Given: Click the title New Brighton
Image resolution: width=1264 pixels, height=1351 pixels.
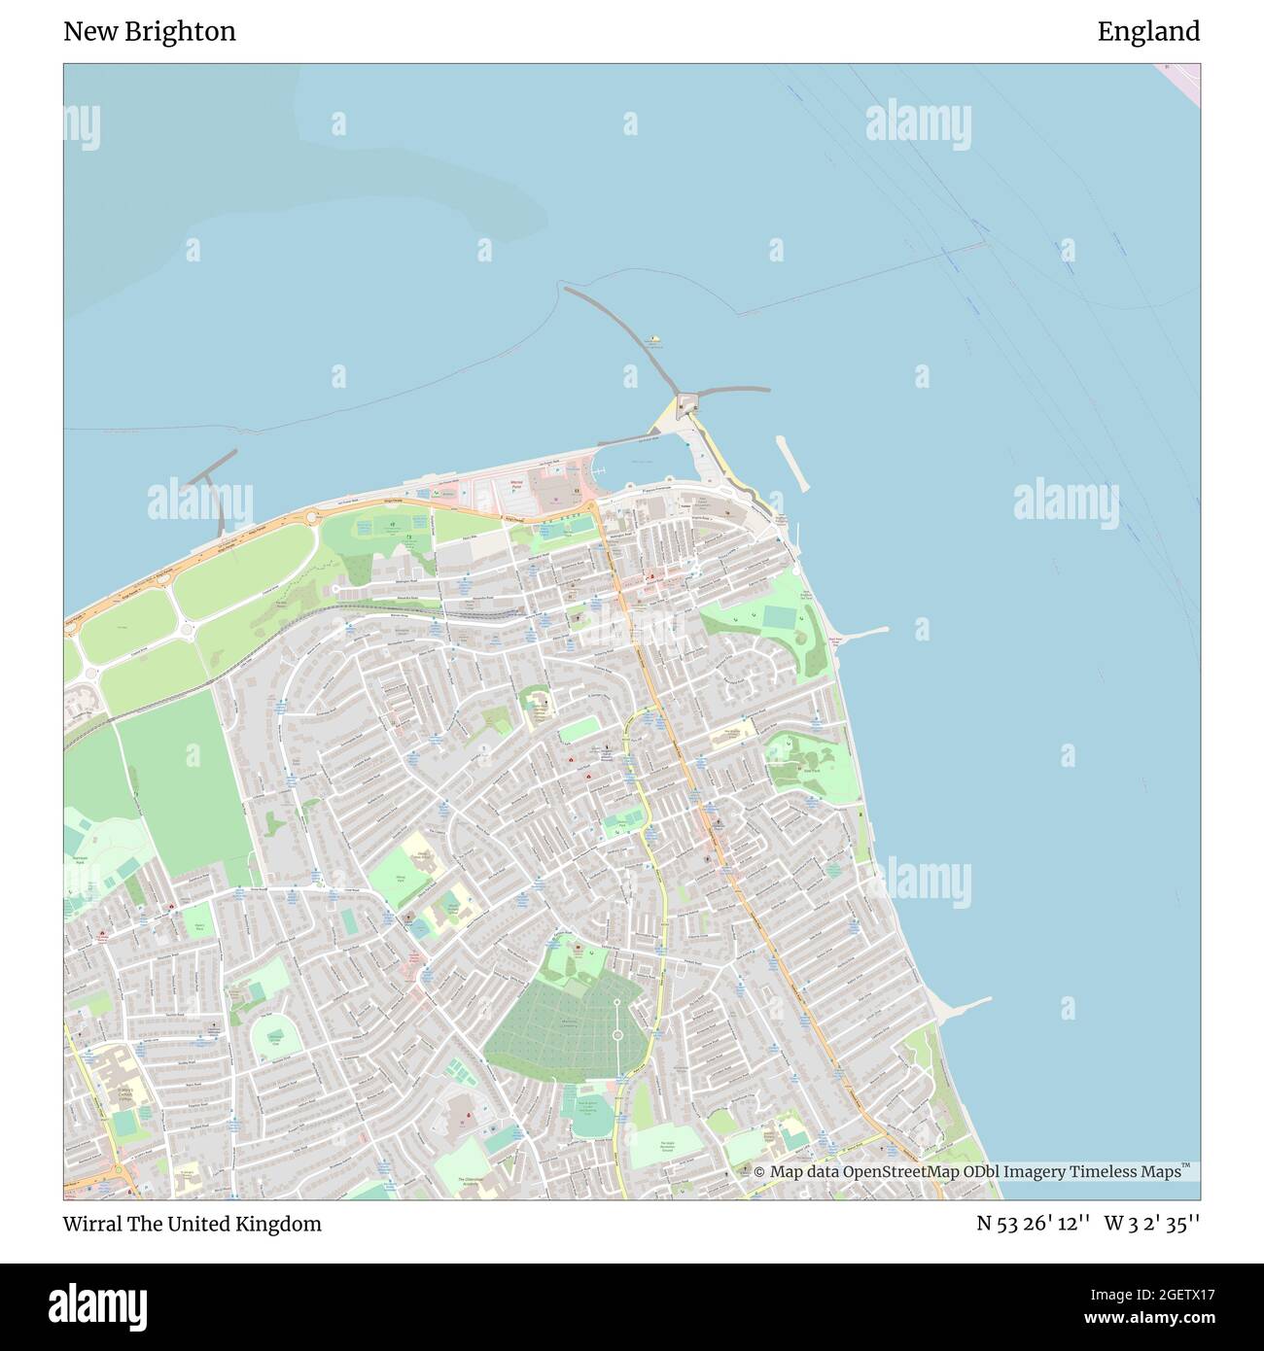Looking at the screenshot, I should point(150,32).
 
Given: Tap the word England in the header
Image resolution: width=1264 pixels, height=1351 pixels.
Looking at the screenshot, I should point(1148,32).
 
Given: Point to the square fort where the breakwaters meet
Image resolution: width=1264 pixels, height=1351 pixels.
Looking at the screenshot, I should point(690,400).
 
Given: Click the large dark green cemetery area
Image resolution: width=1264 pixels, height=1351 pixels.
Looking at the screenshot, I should point(564,1030).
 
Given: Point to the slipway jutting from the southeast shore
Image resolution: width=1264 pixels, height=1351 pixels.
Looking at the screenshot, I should point(963,1007).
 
